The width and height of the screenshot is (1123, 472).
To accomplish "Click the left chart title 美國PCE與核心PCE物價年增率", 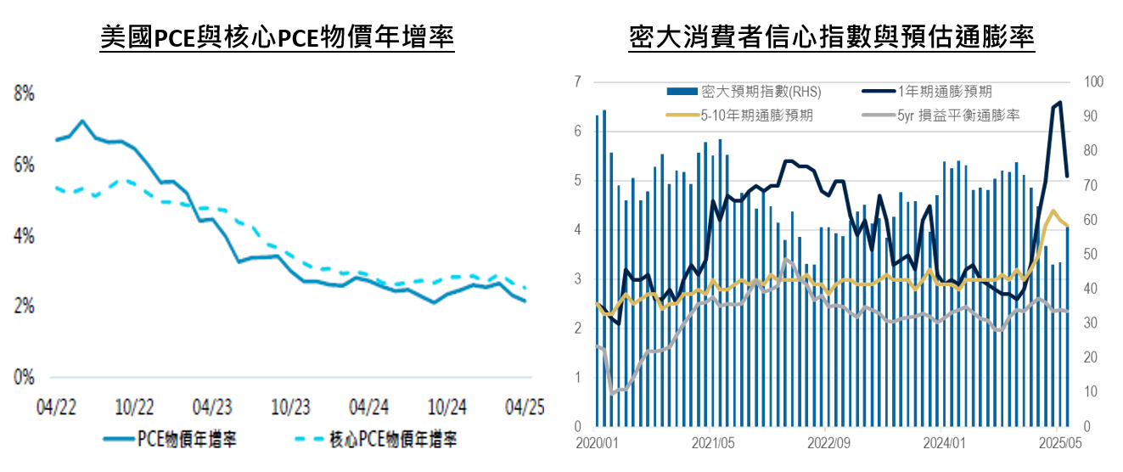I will [x=277, y=37].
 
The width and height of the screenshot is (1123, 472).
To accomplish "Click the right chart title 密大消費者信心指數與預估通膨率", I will [x=831, y=37].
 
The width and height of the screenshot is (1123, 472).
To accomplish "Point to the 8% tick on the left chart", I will [x=24, y=94].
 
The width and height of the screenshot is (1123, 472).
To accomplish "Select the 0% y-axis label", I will [x=24, y=377].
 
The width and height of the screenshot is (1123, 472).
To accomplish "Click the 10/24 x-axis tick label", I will [x=448, y=407].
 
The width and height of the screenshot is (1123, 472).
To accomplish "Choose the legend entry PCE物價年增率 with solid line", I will [x=170, y=440].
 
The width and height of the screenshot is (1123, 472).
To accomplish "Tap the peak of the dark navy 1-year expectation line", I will [x=1059, y=103].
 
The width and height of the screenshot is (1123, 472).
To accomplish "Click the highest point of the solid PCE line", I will [x=82, y=121].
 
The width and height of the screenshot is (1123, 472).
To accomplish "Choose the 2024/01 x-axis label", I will [x=944, y=442].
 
